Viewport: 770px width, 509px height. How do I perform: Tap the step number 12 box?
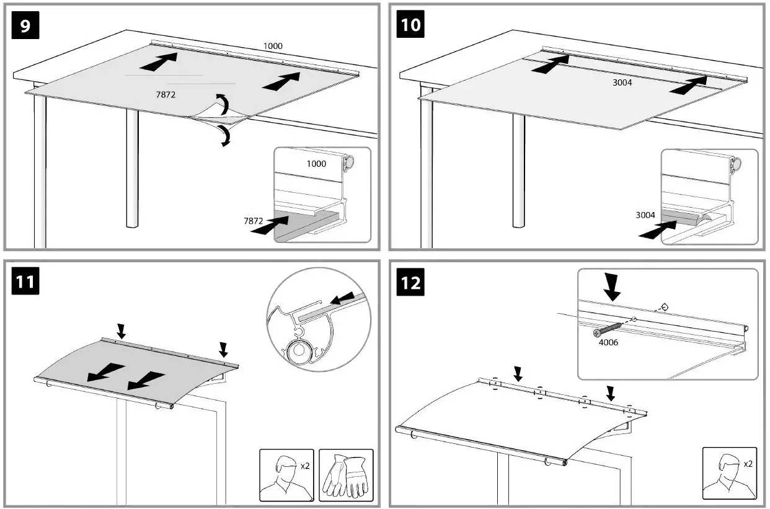(x=410, y=283)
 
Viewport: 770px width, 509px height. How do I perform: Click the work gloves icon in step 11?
(x=345, y=475)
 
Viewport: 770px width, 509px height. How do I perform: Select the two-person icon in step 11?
(x=286, y=475)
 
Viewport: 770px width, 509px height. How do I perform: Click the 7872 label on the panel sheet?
(x=164, y=94)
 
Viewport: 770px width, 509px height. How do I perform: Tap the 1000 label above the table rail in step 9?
(x=273, y=46)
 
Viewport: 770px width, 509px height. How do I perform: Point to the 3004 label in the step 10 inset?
(x=646, y=215)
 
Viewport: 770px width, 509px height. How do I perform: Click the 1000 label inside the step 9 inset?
(x=316, y=164)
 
